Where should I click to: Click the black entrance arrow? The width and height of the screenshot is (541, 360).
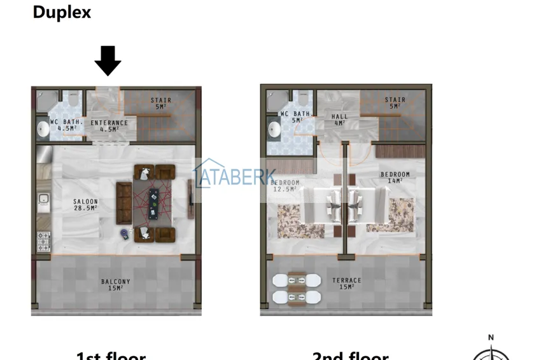pyautogui.click(x=108, y=60)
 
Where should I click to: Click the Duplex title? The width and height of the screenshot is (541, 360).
pyautogui.click(x=62, y=12)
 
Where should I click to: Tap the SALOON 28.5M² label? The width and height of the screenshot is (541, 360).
pyautogui.click(x=85, y=205)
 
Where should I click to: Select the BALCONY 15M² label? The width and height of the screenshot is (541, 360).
pyautogui.click(x=116, y=285)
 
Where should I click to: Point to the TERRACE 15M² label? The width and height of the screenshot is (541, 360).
pyautogui.click(x=346, y=284)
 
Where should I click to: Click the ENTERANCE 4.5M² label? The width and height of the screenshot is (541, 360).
pyautogui.click(x=109, y=126)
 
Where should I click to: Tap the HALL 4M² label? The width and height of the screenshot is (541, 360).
pyautogui.click(x=340, y=120)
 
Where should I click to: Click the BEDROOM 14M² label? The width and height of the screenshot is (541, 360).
pyautogui.click(x=395, y=177)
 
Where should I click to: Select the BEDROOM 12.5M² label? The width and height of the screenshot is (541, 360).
pyautogui.click(x=285, y=186)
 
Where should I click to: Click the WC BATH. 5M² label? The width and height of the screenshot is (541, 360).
pyautogui.click(x=296, y=117)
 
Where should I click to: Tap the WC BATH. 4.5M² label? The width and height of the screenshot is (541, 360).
pyautogui.click(x=67, y=125)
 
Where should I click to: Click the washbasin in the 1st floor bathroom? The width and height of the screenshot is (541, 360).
pyautogui.click(x=43, y=129)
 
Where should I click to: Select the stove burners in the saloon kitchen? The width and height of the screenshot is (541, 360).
pyautogui.click(x=43, y=241)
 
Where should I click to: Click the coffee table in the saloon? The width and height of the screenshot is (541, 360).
pyautogui.click(x=153, y=202)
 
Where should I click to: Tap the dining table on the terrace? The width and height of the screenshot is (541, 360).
pyautogui.click(x=296, y=288)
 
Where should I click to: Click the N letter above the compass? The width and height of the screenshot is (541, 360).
pyautogui.click(x=491, y=338)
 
